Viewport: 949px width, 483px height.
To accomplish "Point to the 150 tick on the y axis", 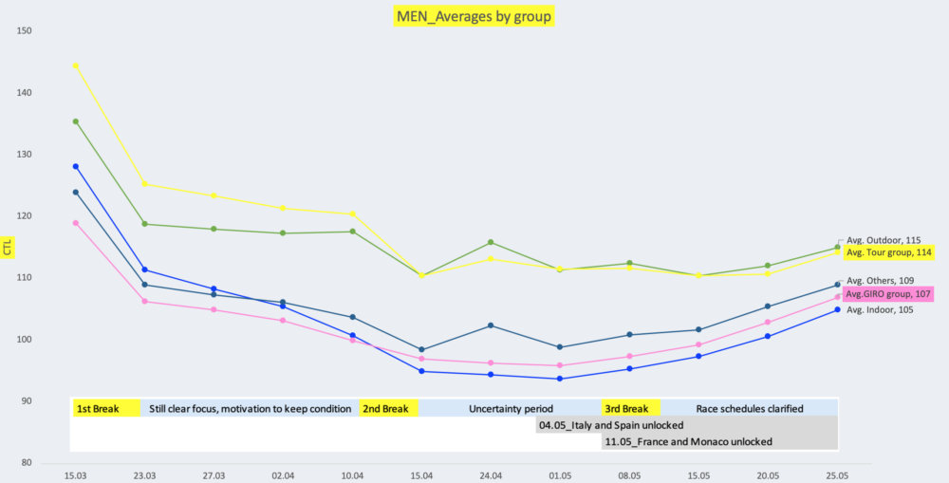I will (x=25, y=31).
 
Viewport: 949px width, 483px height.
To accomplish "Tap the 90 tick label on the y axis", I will (x=27, y=401).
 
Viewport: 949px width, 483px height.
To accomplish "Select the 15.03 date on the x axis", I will (x=76, y=474).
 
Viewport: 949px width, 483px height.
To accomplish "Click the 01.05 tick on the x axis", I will (x=560, y=474).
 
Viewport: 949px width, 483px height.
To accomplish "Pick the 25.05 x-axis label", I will (x=837, y=474).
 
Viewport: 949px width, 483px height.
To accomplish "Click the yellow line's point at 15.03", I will (x=76, y=65).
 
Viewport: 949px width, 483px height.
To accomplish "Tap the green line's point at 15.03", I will (x=76, y=121).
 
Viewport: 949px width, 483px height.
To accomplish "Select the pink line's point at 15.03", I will (x=76, y=223).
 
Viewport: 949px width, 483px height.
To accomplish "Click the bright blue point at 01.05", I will (x=560, y=379).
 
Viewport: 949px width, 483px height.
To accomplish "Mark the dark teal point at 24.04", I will (x=491, y=325).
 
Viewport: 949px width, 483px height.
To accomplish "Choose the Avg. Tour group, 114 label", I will (x=888, y=252).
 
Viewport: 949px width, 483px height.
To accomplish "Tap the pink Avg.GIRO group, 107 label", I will (x=888, y=294).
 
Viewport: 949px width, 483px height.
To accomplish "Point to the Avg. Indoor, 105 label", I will (x=880, y=309).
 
